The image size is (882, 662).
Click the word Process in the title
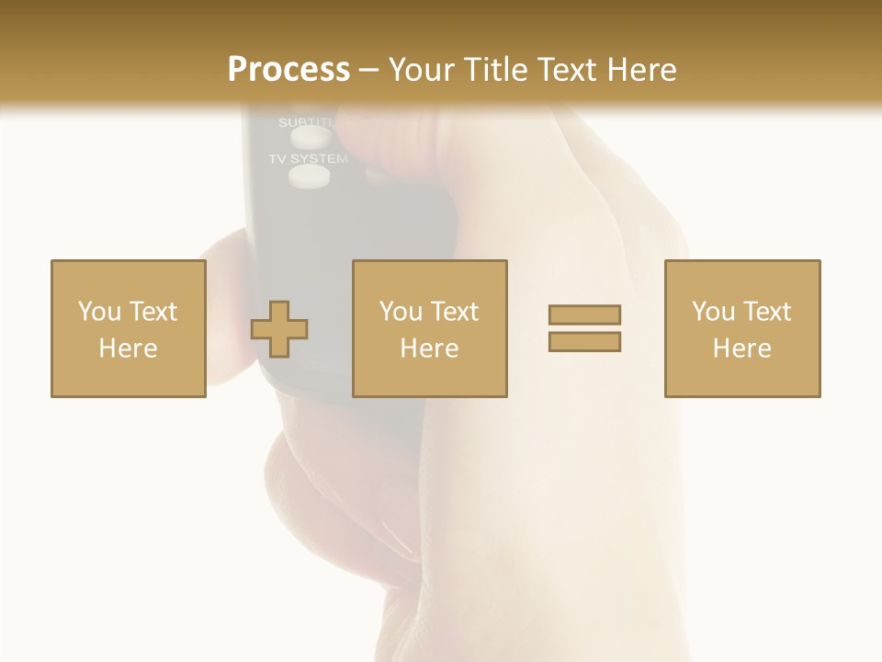[288, 70]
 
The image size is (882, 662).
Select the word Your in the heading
[420, 70]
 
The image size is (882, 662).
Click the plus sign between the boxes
[279, 329]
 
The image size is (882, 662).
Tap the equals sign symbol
[584, 328]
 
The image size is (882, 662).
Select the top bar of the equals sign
[584, 315]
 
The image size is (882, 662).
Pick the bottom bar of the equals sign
[584, 341]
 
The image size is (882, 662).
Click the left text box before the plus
[128, 328]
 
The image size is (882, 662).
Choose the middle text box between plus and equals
[429, 328]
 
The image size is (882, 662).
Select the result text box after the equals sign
[741, 328]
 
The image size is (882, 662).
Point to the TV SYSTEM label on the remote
[308, 159]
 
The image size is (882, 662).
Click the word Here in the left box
[128, 348]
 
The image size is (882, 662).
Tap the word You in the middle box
[401, 312]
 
